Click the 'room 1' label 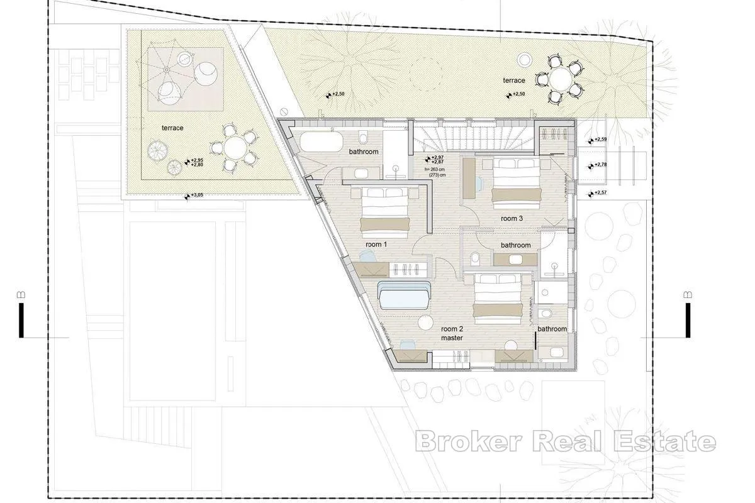[376, 244]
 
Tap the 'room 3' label [512, 218]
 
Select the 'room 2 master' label [452, 333]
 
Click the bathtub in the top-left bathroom [322, 141]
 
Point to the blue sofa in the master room [404, 296]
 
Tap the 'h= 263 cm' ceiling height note [435, 169]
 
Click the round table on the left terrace [235, 148]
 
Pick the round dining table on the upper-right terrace [561, 79]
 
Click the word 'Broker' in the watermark [469, 441]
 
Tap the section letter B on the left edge [21, 295]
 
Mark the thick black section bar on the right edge [688, 320]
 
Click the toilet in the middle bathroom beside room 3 [475, 258]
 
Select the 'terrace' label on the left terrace [172, 128]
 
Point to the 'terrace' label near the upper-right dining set [514, 80]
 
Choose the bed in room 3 [517, 183]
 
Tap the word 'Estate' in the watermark [664, 441]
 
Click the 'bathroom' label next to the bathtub [364, 152]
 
